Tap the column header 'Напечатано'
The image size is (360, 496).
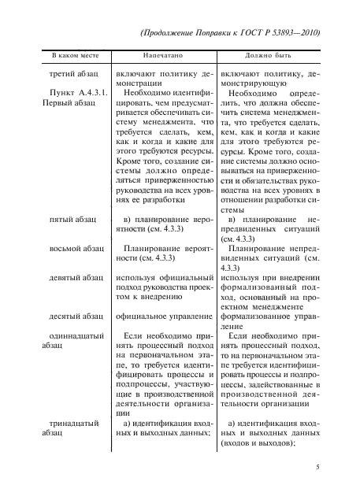[163, 57]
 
